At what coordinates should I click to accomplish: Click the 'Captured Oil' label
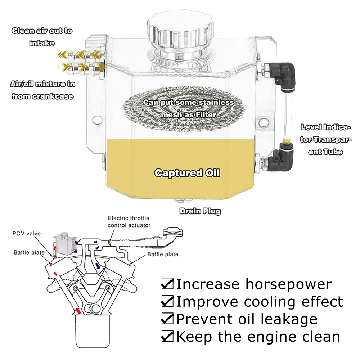click(x=187, y=173)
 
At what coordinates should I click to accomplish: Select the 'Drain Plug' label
click(x=200, y=211)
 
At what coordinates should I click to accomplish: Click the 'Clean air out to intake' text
click(x=42, y=37)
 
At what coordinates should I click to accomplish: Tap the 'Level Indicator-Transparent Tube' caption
click(x=326, y=139)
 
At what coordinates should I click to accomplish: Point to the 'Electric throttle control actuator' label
click(x=129, y=222)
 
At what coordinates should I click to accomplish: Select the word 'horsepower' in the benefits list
click(x=288, y=284)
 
